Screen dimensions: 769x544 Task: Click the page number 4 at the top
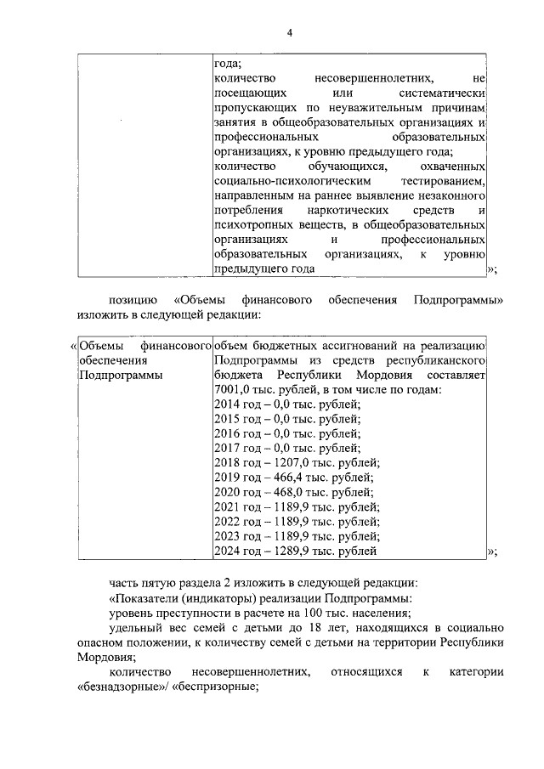[289, 33]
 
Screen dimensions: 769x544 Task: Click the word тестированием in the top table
[438, 181]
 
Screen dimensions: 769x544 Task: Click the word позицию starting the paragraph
[133, 301]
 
